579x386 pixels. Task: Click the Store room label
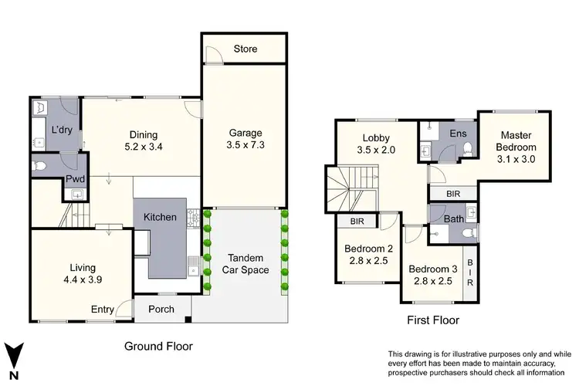click(x=245, y=49)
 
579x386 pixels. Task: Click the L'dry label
click(x=62, y=130)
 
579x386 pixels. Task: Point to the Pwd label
click(x=75, y=180)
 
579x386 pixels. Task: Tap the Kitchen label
click(x=161, y=218)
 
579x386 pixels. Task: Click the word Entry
click(x=103, y=310)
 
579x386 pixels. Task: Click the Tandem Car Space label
click(x=245, y=263)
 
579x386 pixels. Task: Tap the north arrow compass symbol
click(x=13, y=356)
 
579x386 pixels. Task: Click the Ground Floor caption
click(x=158, y=347)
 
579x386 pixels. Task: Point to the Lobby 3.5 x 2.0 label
click(x=376, y=144)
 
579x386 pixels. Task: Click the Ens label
click(x=457, y=134)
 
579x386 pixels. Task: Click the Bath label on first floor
click(x=454, y=219)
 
